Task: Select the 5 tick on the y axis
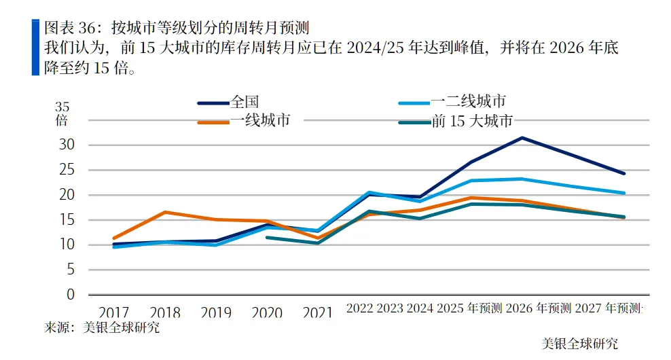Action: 69,270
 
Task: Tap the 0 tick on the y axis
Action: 69,295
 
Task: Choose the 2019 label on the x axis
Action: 216,312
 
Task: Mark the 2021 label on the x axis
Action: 318,312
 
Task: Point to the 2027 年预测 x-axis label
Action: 607,308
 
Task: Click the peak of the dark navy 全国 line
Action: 522,138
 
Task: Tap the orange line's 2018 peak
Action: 165,212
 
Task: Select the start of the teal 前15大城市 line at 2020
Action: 266,237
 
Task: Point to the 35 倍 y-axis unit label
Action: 62,113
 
